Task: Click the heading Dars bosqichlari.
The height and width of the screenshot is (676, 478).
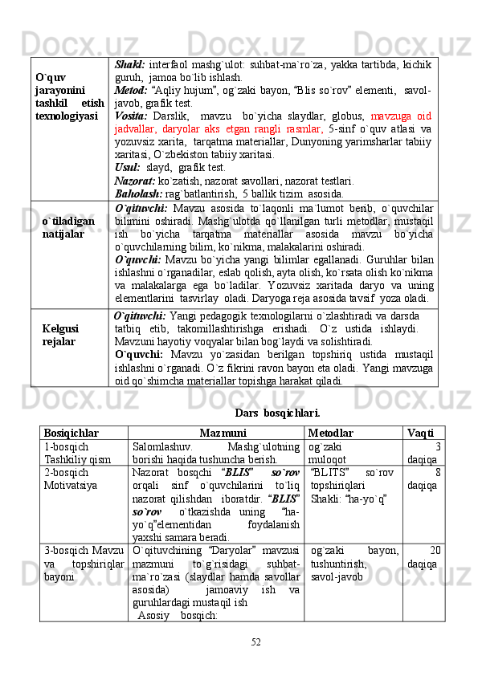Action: (277, 413)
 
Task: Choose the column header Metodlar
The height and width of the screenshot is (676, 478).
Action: (330, 433)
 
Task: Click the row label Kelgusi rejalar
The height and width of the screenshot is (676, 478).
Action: (60, 336)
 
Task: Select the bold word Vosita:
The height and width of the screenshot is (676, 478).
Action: (132, 119)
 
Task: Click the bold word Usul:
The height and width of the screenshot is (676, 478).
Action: (128, 167)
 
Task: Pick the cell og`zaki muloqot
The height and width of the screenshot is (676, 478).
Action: (325, 453)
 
